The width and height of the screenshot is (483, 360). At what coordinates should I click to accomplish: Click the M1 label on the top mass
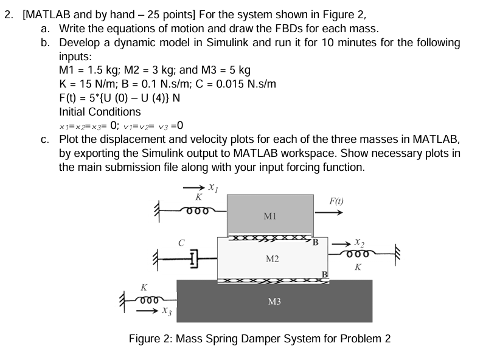coord(271,216)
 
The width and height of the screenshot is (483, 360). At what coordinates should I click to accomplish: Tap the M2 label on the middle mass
coord(272,259)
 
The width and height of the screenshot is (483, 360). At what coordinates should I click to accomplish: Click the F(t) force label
coord(337,200)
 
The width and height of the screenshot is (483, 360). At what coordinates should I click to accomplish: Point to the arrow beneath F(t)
coord(332,213)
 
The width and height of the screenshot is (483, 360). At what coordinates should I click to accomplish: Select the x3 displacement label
coord(164,312)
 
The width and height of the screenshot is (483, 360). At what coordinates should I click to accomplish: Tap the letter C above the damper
coord(181,242)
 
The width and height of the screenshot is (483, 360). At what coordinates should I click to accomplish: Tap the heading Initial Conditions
coord(100,112)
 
